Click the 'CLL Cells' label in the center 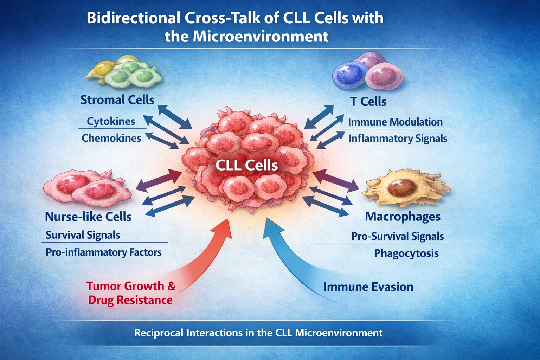(246, 165)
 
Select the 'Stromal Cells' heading (117, 100)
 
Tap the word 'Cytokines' (111, 121)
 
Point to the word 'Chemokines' (111, 138)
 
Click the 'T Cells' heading (368, 102)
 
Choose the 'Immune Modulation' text (395, 122)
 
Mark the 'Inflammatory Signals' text (398, 139)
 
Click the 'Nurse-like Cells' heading (88, 217)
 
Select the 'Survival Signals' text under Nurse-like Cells (83, 235)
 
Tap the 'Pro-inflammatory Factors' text (103, 252)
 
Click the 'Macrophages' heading (403, 217)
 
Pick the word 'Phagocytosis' (406, 253)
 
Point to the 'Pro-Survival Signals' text (397, 236)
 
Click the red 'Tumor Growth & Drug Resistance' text (130, 293)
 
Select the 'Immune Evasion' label (368, 287)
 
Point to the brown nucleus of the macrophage (401, 187)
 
